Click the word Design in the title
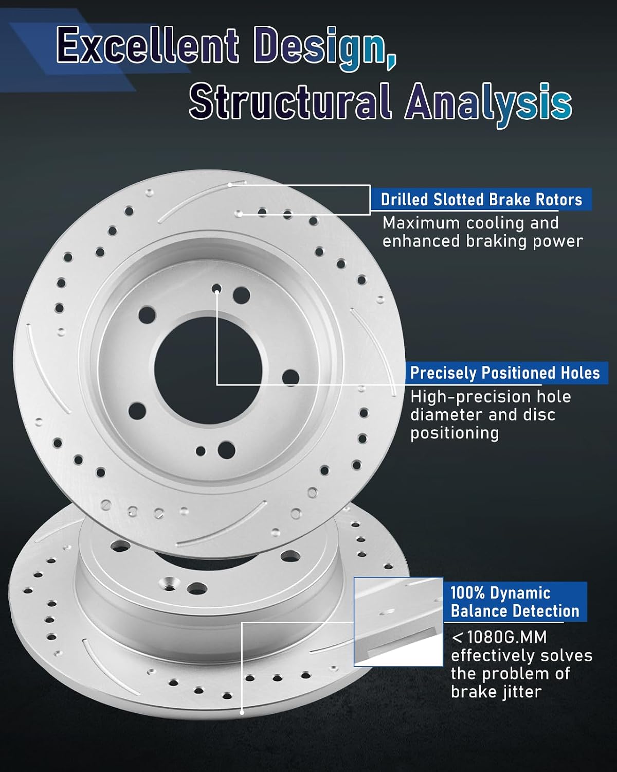click(319, 48)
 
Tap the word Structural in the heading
click(289, 101)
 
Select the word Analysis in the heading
click(488, 104)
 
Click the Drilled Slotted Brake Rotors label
click(481, 200)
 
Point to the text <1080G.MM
click(499, 637)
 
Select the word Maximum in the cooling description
click(421, 223)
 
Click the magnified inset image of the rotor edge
click(398, 622)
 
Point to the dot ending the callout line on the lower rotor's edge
click(242, 712)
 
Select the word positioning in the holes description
click(455, 433)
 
